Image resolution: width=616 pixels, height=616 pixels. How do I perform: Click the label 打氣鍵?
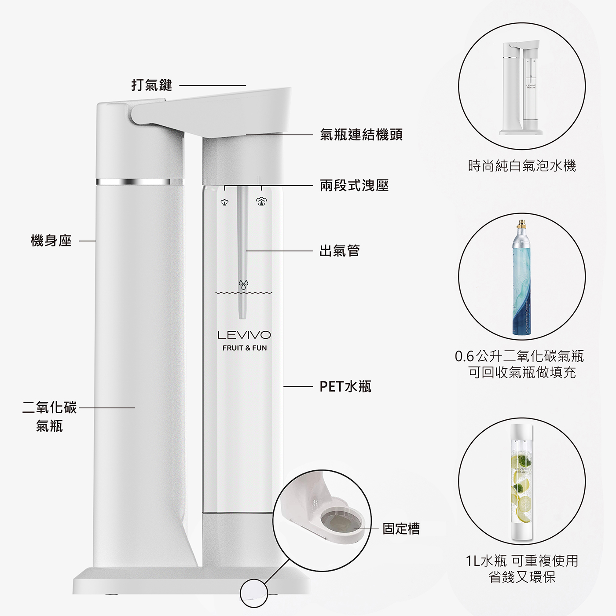tap(152, 85)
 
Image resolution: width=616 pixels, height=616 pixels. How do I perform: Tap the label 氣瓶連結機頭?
tap(361, 135)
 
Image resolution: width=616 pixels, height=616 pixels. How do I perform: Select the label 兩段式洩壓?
tap(354, 186)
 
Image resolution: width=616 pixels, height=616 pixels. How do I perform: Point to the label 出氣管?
tap(339, 251)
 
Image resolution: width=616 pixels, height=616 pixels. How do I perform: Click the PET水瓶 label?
tap(345, 387)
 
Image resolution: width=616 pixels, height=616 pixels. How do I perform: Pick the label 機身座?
tap(51, 241)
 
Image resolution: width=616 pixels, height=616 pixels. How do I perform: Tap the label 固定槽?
tap(401, 528)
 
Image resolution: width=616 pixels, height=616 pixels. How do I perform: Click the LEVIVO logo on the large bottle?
tap(244, 335)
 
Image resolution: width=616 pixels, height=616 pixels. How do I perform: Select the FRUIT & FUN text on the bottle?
tap(244, 348)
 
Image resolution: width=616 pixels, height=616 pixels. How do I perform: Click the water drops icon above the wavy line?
tap(244, 284)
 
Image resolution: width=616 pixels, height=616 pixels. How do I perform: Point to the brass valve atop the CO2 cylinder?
tap(522, 222)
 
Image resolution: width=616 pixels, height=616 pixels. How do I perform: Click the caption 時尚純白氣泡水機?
tap(522, 166)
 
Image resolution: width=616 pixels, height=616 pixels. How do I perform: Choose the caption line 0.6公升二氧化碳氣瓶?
tap(519, 356)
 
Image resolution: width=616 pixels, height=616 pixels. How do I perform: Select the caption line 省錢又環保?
tap(522, 577)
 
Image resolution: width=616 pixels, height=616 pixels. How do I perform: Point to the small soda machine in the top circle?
tap(521, 88)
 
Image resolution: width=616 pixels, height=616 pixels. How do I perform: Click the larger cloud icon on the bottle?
tap(261, 202)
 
